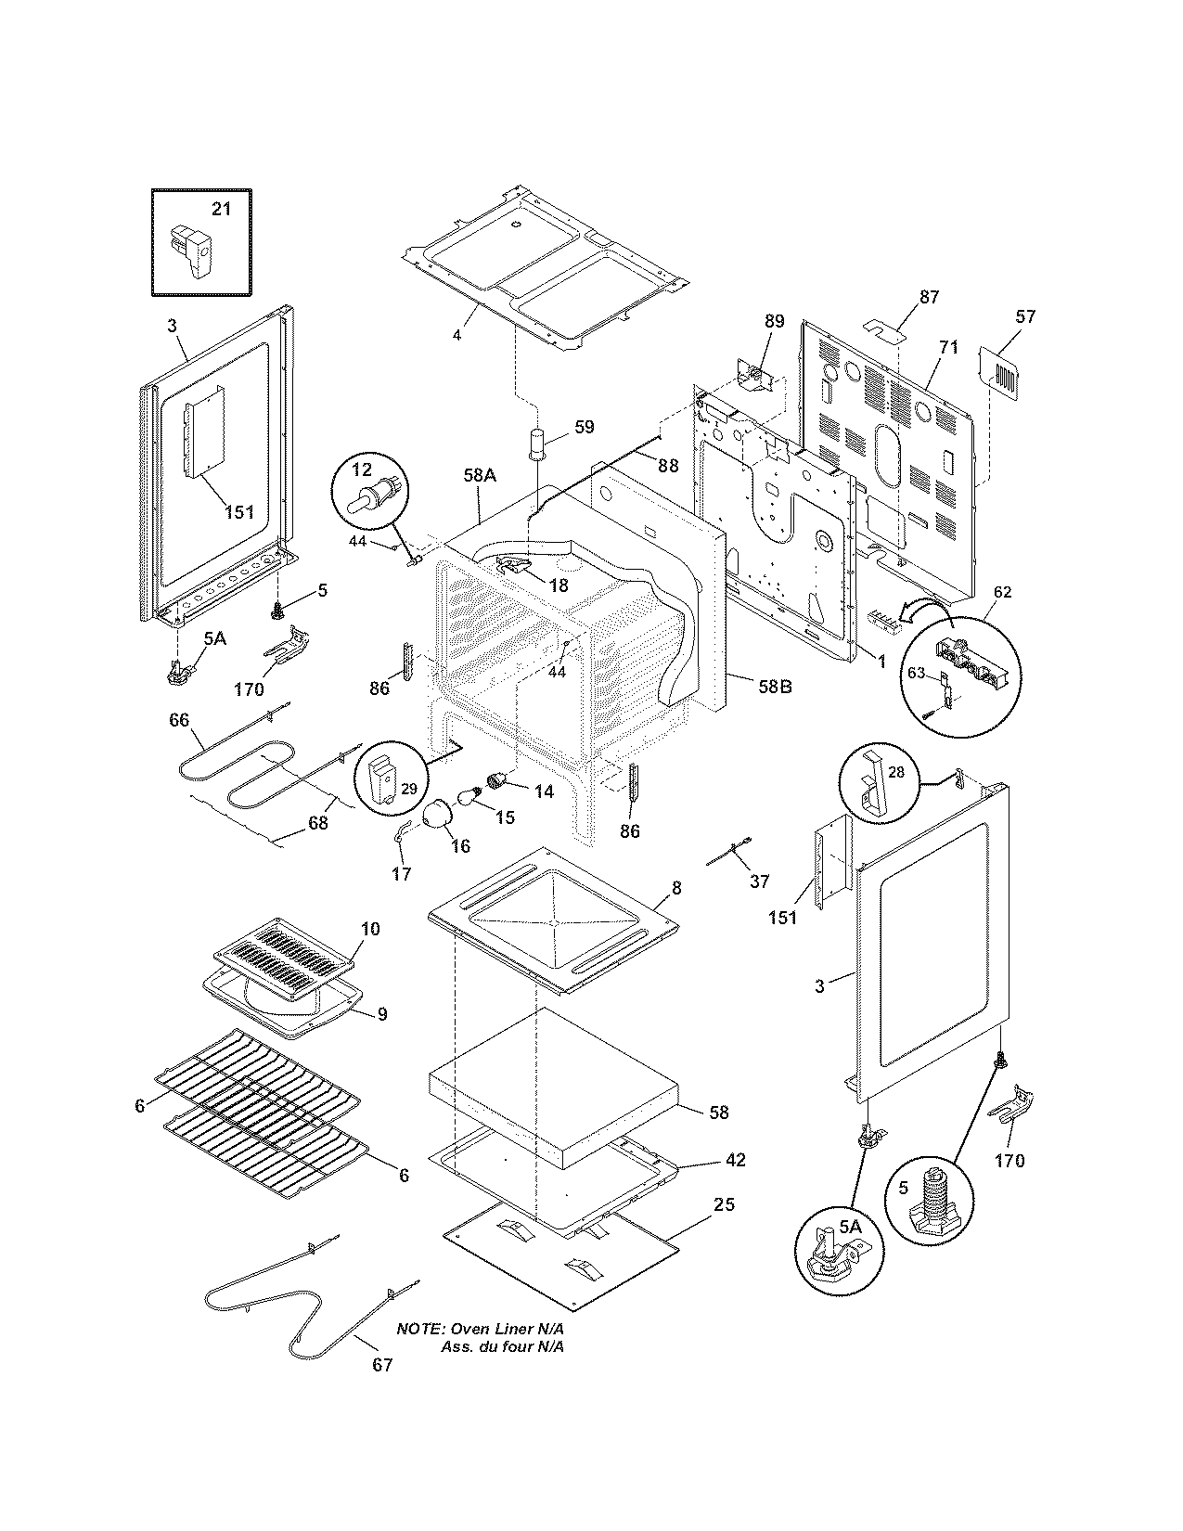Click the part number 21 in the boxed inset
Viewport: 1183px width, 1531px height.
(x=221, y=209)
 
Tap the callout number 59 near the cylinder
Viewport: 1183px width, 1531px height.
(x=584, y=428)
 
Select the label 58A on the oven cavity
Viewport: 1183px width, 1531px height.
(x=480, y=475)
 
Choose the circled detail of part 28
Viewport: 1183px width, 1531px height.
(x=876, y=783)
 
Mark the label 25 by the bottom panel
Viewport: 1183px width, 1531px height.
(x=724, y=1205)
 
